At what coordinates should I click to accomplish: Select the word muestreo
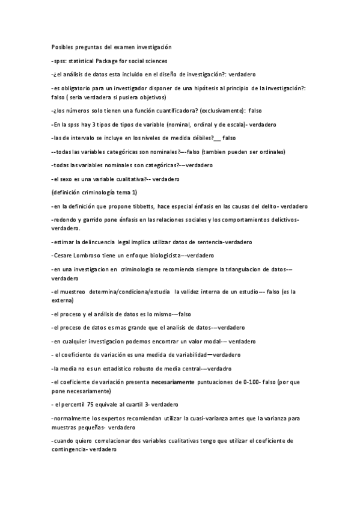[72, 291]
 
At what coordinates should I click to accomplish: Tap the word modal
[207, 341]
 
